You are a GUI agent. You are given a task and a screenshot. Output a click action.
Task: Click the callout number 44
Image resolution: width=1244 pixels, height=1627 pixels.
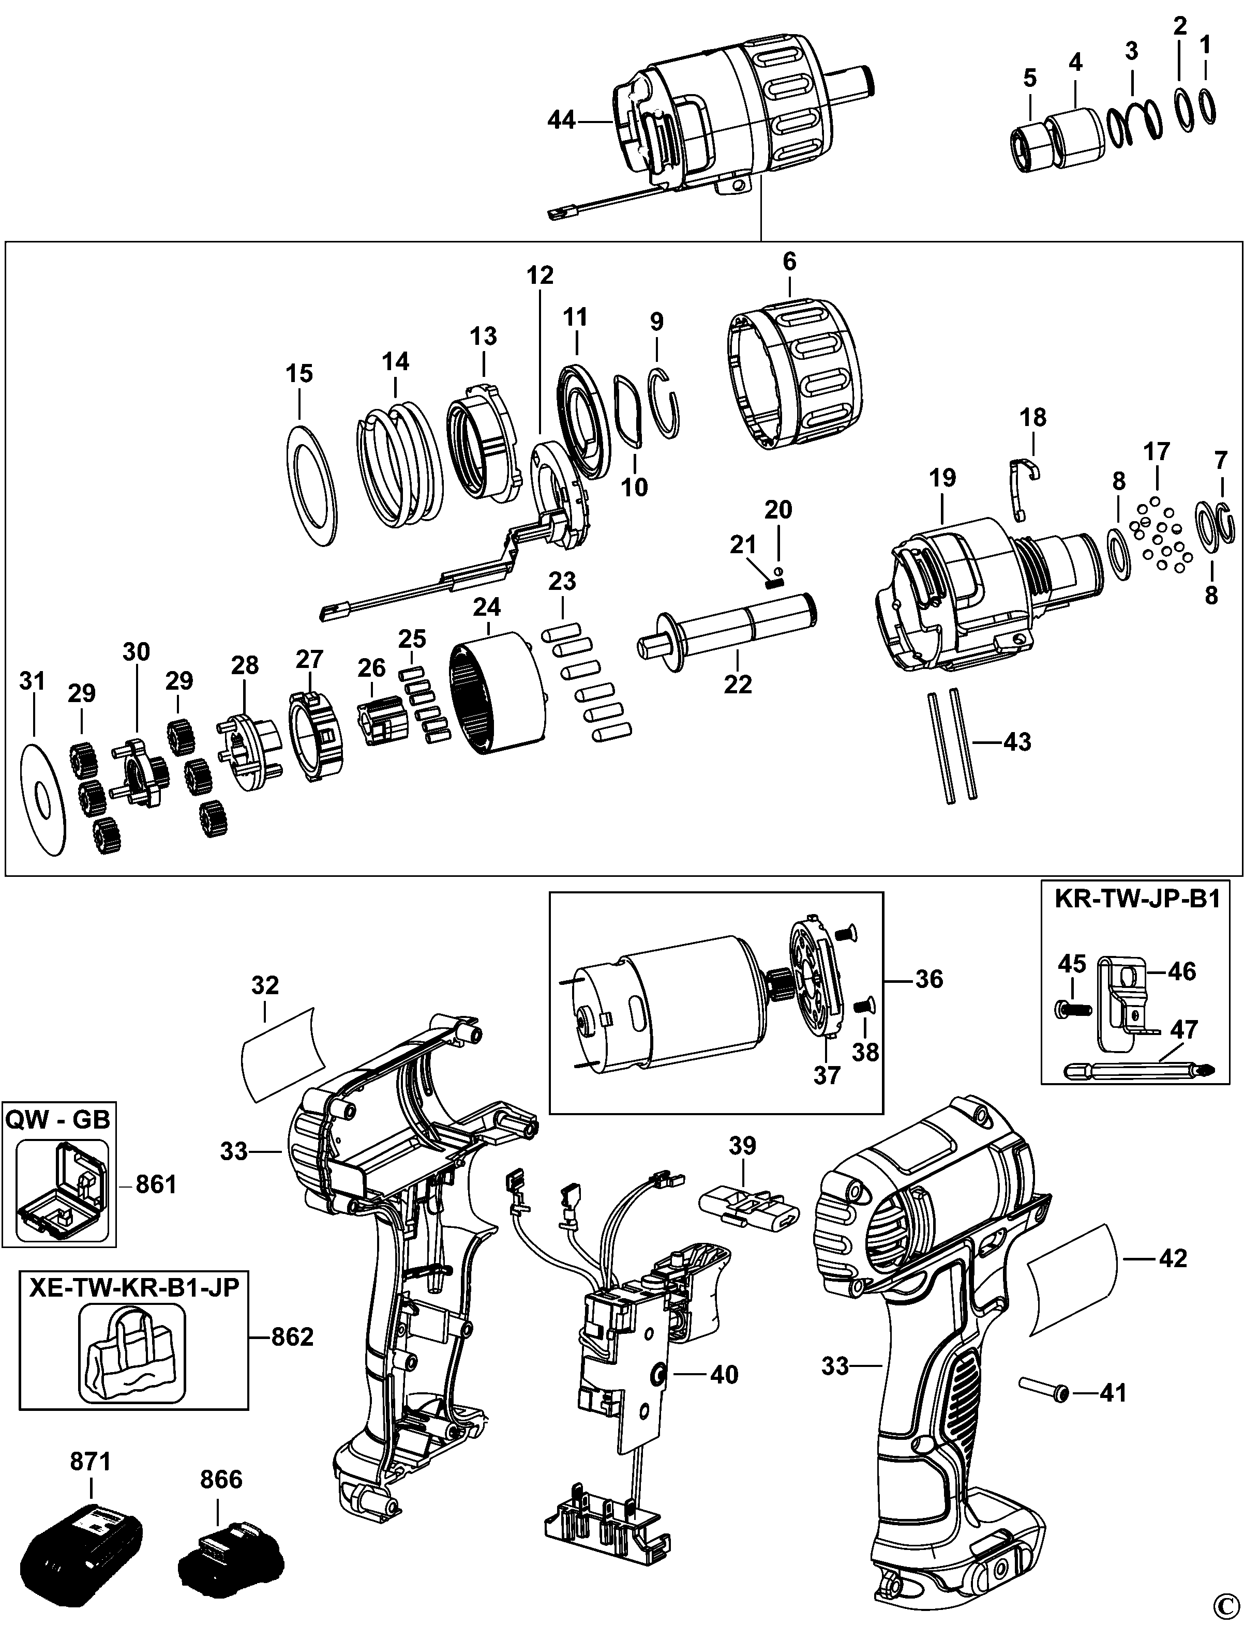pos(561,119)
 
